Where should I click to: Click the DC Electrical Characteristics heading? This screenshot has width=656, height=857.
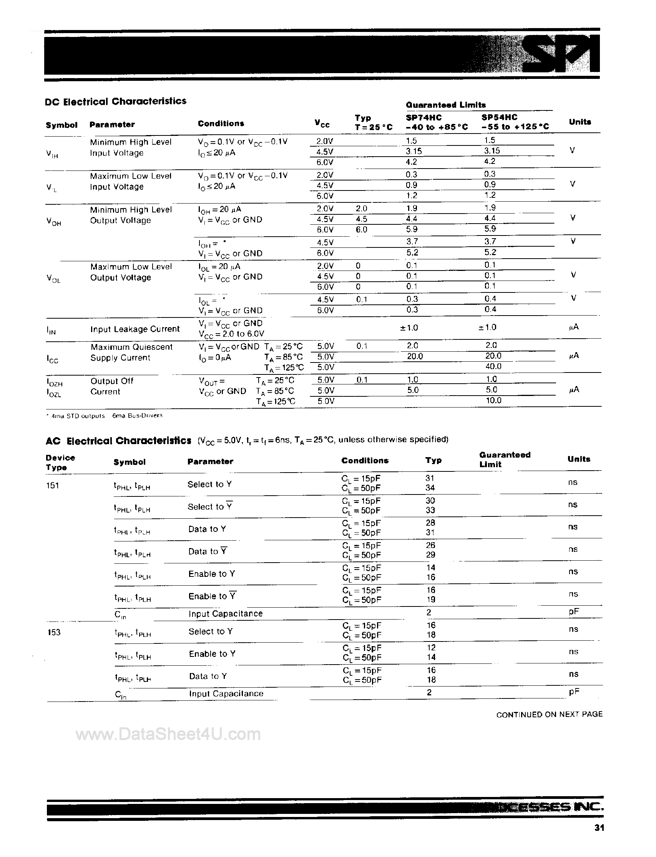[116, 102]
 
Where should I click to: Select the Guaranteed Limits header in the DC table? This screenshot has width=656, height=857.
[445, 105]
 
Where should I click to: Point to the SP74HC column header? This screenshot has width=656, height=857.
[423, 117]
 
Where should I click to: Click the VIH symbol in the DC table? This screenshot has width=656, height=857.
[52, 154]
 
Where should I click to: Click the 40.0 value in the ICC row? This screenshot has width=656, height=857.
[493, 366]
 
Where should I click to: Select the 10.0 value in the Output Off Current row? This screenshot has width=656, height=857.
[493, 400]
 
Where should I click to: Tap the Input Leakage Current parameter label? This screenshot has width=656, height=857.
[135, 329]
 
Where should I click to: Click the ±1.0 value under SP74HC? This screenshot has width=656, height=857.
[409, 327]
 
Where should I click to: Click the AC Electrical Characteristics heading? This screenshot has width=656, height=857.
[118, 441]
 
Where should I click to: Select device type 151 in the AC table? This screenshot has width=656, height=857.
[52, 486]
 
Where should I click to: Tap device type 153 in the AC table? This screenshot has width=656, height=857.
[53, 632]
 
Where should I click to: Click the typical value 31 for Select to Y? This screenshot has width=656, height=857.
[430, 478]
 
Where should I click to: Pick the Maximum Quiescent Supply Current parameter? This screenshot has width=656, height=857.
[131, 352]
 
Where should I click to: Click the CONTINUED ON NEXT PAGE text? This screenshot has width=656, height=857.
[549, 714]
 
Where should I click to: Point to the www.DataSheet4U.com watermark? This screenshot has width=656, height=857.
[168, 735]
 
